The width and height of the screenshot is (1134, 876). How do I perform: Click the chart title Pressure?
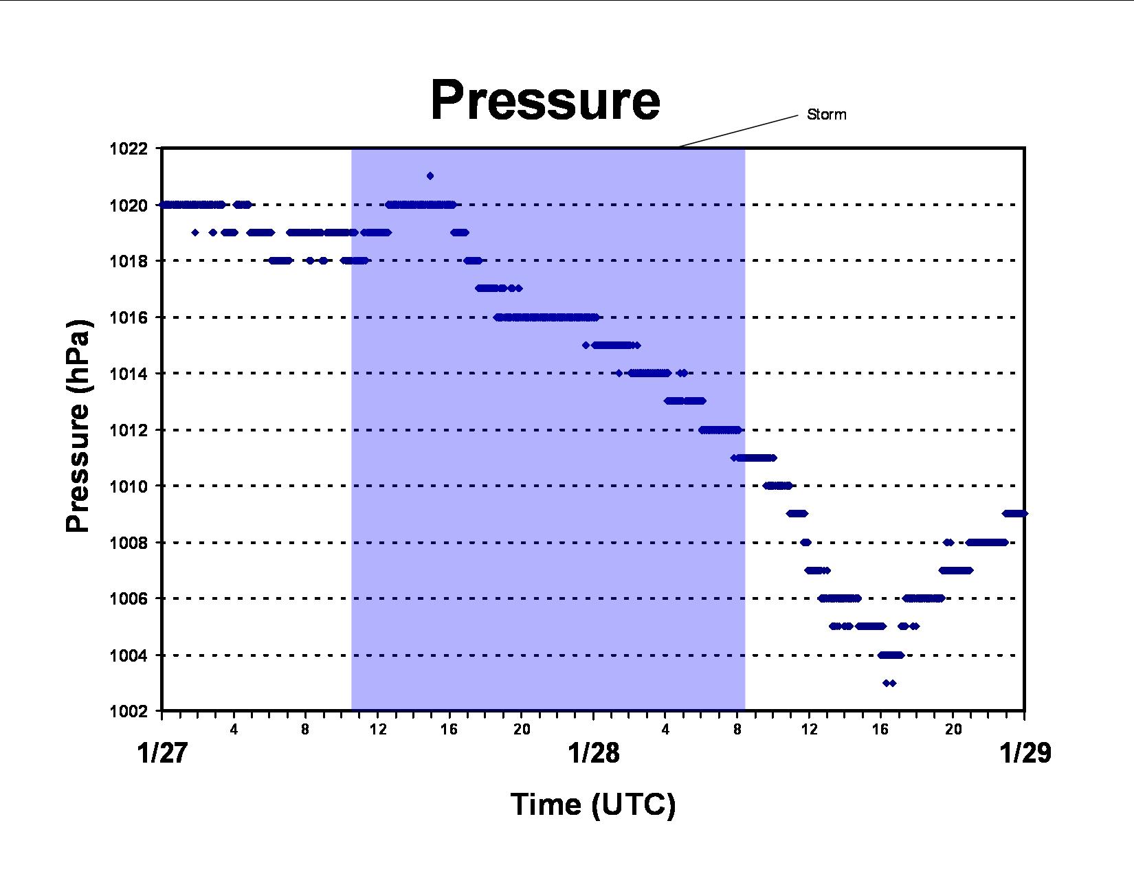[545, 100]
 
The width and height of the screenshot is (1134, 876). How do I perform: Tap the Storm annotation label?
[827, 114]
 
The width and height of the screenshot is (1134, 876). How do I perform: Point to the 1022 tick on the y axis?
[129, 148]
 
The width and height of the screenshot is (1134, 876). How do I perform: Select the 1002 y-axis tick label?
[129, 711]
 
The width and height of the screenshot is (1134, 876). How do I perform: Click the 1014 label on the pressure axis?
[129, 374]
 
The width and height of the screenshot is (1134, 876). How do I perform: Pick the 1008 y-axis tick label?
[129, 543]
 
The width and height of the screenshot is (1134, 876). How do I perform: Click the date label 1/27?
[162, 754]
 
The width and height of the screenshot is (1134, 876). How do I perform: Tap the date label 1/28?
[594, 754]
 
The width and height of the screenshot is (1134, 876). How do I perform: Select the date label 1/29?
[1025, 754]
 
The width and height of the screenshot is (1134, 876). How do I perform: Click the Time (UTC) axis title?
[593, 804]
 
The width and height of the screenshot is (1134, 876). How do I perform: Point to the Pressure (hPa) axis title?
[79, 426]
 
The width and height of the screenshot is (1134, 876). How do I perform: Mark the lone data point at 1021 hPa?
[430, 176]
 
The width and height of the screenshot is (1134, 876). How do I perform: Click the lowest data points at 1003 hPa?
[889, 683]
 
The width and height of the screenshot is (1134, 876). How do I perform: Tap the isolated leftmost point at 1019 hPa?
[195, 233]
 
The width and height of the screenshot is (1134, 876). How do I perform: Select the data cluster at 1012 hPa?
[720, 430]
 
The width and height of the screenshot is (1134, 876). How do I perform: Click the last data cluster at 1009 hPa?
[1014, 514]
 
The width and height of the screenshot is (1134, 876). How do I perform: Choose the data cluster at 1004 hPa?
[891, 655]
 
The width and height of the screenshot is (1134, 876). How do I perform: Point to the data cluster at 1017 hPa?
[498, 288]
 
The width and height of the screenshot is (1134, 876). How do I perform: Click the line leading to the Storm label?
[738, 131]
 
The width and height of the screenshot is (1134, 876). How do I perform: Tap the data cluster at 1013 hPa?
[685, 401]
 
